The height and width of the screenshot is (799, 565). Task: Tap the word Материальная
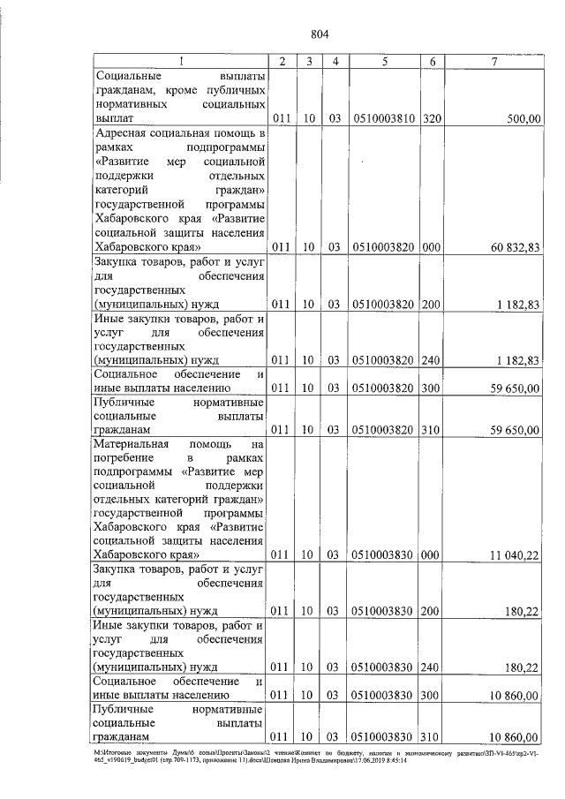tap(134, 445)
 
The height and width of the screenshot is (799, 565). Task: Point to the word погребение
tap(124, 460)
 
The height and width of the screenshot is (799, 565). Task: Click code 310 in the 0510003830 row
tap(432, 735)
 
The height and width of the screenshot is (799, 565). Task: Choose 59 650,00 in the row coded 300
tap(512, 388)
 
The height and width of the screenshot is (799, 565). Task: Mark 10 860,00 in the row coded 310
tap(512, 735)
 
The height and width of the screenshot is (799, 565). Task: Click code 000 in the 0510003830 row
tap(432, 554)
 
